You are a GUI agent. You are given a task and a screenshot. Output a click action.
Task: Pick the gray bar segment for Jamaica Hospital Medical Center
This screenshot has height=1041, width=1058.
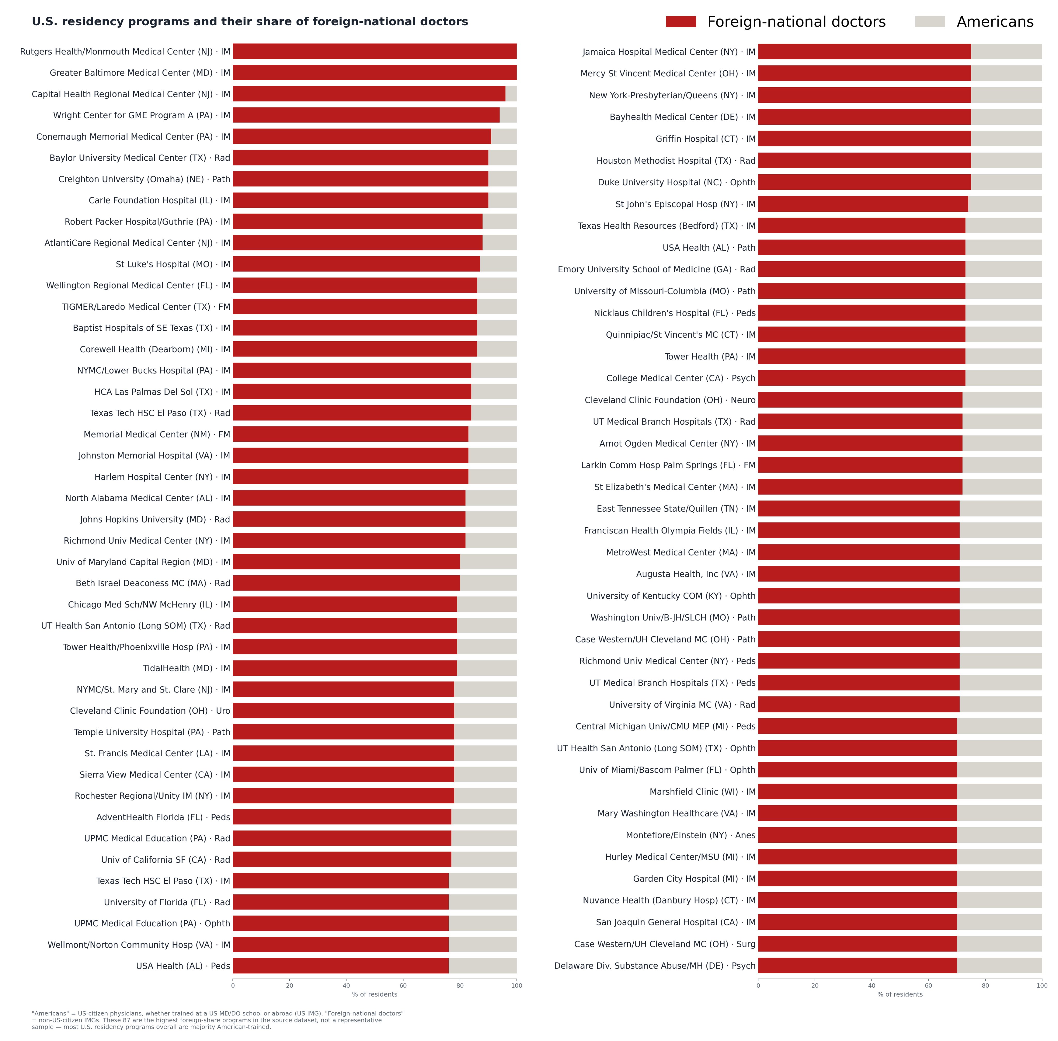pyautogui.click(x=1007, y=51)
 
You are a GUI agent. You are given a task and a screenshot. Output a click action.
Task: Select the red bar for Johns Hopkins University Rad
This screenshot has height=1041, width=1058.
pyautogui.click(x=349, y=519)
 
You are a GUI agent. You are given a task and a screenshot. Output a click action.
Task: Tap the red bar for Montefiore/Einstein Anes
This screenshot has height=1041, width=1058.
pyautogui.click(x=857, y=835)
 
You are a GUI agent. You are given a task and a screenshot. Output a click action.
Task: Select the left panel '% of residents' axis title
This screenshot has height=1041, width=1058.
pyautogui.click(x=375, y=994)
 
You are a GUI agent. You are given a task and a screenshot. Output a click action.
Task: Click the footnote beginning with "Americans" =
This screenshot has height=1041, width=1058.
pyautogui.click(x=218, y=1020)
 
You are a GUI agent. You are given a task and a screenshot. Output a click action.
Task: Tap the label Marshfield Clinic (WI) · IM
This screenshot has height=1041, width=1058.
pyautogui.click(x=702, y=792)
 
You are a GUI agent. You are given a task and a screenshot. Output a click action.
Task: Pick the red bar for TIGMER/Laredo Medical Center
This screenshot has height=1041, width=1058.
pyautogui.click(x=354, y=307)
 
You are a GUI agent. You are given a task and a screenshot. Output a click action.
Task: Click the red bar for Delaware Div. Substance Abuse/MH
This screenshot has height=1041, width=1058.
pyautogui.click(x=857, y=966)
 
